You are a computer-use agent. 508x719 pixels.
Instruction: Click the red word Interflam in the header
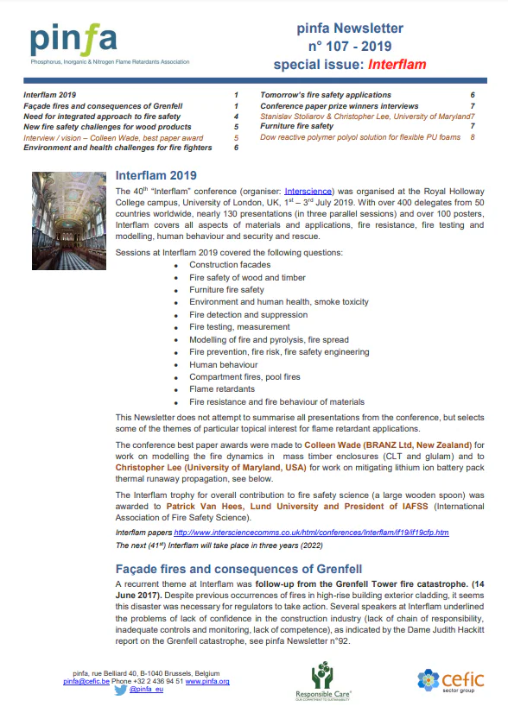pyautogui.click(x=397, y=64)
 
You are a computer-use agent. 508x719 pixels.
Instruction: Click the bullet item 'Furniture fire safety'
pyautogui.click(x=226, y=290)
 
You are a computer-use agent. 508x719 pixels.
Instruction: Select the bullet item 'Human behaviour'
pyautogui.click(x=224, y=364)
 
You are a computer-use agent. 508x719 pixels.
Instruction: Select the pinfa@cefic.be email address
pyautogui.click(x=87, y=681)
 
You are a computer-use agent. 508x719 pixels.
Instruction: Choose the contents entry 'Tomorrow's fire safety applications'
pyautogui.click(x=326, y=95)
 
